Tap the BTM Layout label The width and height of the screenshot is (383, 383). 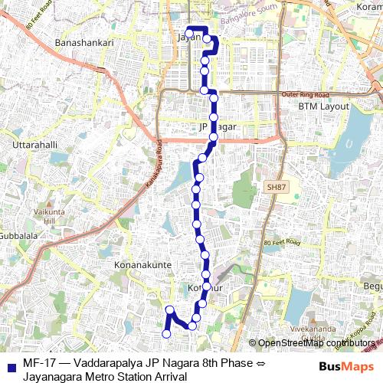[323, 106]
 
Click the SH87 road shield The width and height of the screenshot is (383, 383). [275, 186]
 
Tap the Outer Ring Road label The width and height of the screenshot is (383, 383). [305, 94]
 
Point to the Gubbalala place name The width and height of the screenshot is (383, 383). [17, 236]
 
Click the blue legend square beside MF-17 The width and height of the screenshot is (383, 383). [9, 365]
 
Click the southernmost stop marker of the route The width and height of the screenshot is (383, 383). [166, 334]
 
